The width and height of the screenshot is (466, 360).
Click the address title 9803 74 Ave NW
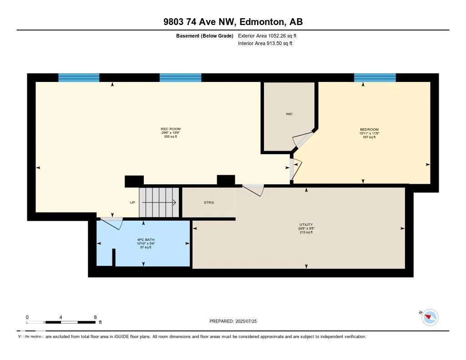pyautogui.click(x=233, y=22)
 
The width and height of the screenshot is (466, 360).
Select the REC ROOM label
pyautogui.click(x=171, y=129)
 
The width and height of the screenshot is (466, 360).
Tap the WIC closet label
pyautogui.click(x=289, y=114)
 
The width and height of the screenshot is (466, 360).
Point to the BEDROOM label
pyautogui.click(x=369, y=130)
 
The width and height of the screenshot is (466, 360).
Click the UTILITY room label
pyautogui.click(x=306, y=224)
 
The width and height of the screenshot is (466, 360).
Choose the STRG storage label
pyautogui.click(x=209, y=203)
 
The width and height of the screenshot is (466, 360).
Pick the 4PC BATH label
pyautogui.click(x=144, y=239)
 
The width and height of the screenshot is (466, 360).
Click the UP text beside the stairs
pyautogui.click(x=132, y=203)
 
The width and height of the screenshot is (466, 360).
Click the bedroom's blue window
pyautogui.click(x=375, y=77)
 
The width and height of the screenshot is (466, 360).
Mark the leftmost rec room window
pyautogui.click(x=79, y=77)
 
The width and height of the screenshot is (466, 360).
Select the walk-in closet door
pyautogui.click(x=303, y=140)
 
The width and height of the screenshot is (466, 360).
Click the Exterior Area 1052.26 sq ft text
pyautogui.click(x=267, y=35)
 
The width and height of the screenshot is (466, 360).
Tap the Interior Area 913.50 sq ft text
pyautogui.click(x=265, y=44)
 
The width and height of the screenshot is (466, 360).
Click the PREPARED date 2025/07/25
pyautogui.click(x=236, y=321)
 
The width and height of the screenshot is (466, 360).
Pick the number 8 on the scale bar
pyautogui.click(x=95, y=317)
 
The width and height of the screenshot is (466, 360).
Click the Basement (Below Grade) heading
pyautogui.click(x=205, y=35)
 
